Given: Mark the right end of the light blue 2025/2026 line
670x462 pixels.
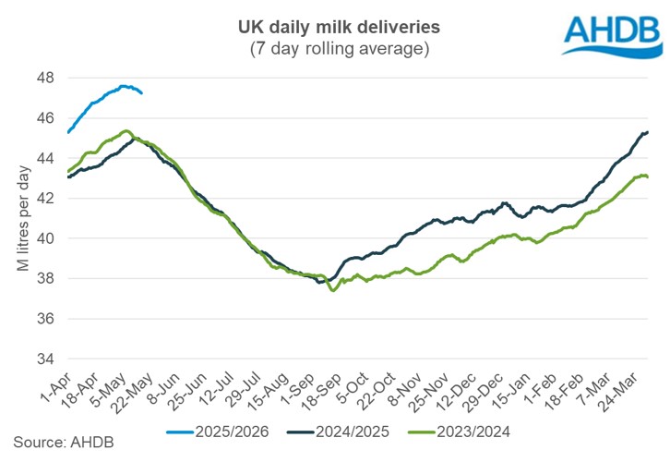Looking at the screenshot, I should click(141, 92).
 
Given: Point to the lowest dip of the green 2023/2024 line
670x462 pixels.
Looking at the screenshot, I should click(333, 290).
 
